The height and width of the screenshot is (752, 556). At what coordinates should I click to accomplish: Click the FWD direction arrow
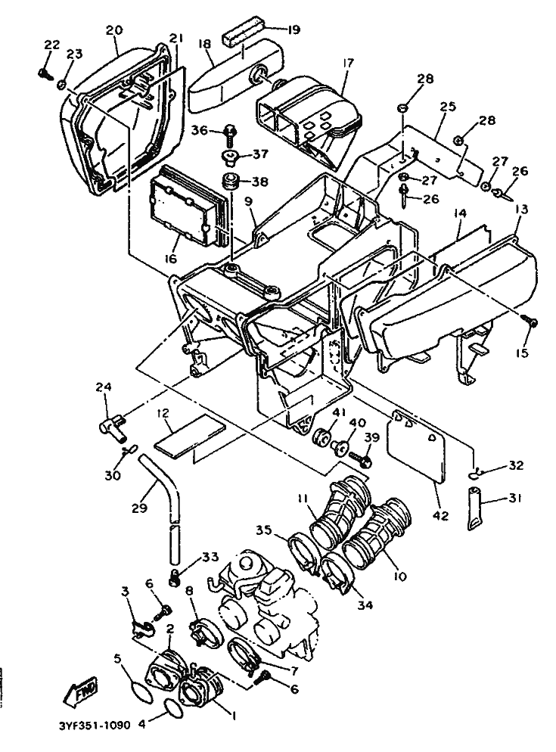[x=81, y=692]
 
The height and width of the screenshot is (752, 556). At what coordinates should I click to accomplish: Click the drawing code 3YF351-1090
[x=95, y=725]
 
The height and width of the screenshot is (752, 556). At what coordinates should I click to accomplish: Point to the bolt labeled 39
[x=362, y=458]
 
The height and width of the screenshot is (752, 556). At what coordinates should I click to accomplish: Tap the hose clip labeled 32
[x=475, y=474]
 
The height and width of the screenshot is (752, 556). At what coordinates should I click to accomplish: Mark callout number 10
[x=399, y=576]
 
